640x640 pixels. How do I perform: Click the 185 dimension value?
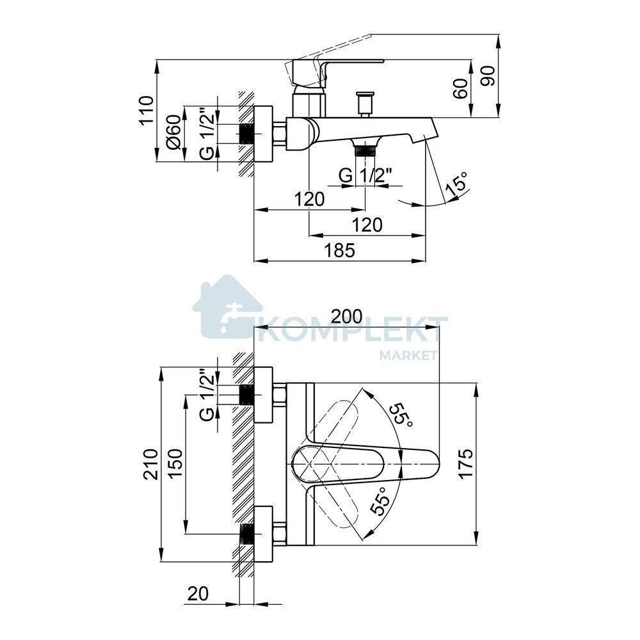[x=340, y=250]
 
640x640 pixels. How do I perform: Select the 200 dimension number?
[x=346, y=316]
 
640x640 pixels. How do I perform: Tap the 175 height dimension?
[x=466, y=463]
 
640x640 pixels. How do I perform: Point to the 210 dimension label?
[x=150, y=464]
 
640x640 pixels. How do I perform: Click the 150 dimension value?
[x=175, y=464]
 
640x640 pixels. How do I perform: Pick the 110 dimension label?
[x=146, y=111]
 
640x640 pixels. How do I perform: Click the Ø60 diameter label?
[x=173, y=132]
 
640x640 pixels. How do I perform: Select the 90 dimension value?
[x=488, y=76]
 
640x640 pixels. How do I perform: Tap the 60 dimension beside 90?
[x=460, y=89]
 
